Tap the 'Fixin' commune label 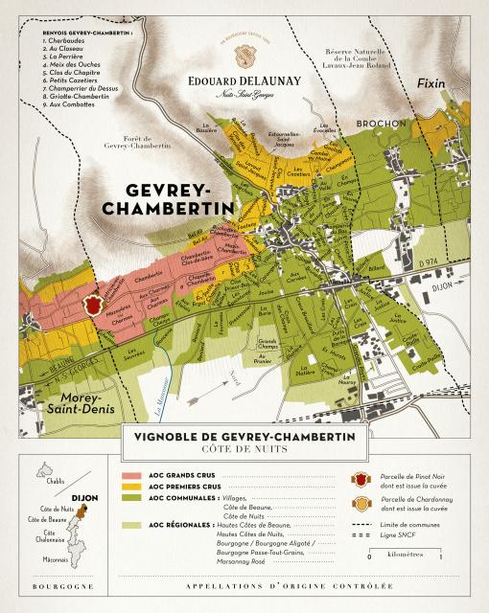point(431,85)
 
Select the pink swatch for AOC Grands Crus point(131,474)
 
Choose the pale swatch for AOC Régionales point(131,526)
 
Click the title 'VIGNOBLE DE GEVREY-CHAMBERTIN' point(244,436)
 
